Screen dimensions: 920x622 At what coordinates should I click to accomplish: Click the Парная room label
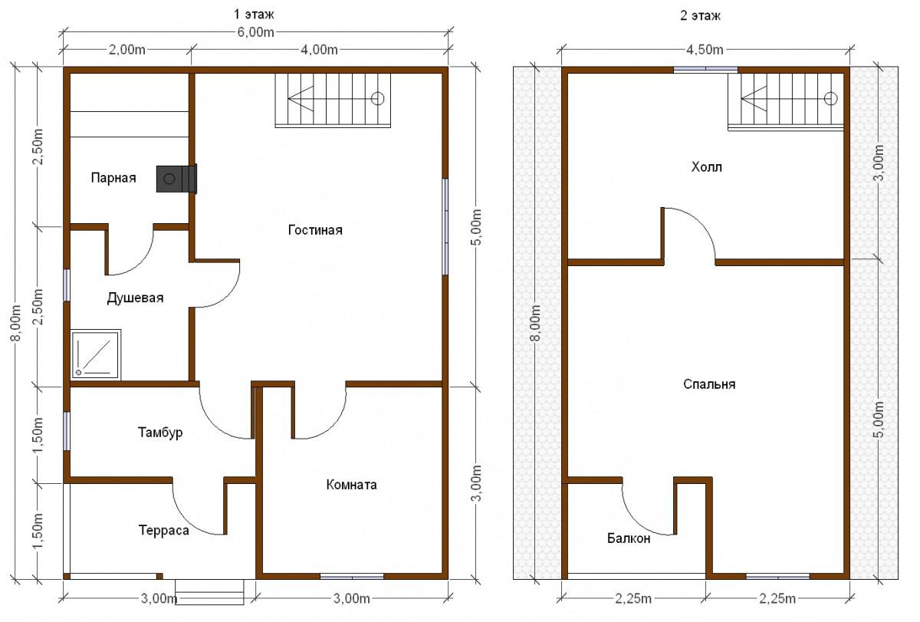click(113, 178)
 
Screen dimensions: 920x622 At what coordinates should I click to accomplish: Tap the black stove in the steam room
click(176, 178)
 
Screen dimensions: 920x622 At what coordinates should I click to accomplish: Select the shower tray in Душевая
click(96, 354)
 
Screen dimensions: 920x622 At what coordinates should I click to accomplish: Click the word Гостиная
click(315, 229)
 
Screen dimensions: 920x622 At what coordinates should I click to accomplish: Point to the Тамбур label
click(160, 433)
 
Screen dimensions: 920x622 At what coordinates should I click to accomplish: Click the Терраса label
click(164, 531)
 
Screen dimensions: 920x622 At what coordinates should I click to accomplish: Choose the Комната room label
click(352, 485)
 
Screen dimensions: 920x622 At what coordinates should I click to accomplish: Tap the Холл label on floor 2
click(706, 167)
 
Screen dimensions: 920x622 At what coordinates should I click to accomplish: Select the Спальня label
click(709, 384)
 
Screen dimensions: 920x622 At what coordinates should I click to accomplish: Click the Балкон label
click(629, 538)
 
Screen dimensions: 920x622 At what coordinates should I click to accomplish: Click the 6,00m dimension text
click(255, 32)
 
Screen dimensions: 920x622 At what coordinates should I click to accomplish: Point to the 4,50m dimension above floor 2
click(705, 50)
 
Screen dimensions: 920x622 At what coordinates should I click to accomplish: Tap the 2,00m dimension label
click(127, 50)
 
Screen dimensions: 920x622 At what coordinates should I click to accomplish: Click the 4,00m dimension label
click(319, 50)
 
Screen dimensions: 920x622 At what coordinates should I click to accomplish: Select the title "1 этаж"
click(254, 15)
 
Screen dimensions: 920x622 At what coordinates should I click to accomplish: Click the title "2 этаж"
click(700, 15)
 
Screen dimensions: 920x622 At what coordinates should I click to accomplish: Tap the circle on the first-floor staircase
click(377, 99)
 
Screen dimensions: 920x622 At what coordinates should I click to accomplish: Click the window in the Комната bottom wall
click(352, 577)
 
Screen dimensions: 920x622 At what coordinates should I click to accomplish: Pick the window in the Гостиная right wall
click(445, 226)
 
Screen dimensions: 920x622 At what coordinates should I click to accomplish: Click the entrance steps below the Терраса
click(209, 592)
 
